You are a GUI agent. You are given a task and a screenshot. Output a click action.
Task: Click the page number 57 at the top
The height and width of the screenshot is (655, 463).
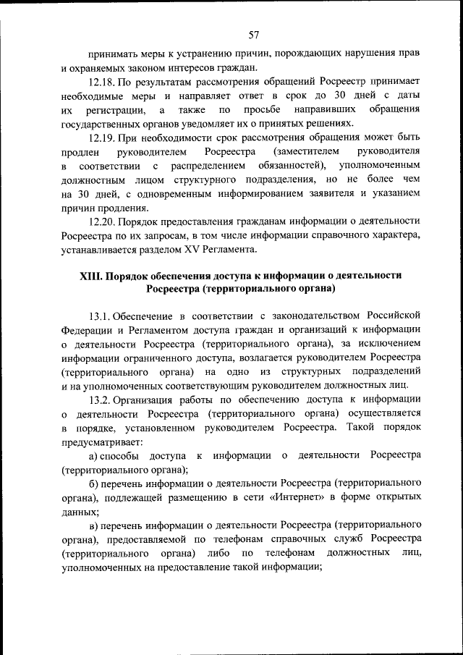253,34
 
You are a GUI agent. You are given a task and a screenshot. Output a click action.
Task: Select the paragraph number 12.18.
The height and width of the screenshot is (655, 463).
101,83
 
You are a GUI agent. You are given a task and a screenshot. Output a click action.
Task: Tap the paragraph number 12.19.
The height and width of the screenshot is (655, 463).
101,138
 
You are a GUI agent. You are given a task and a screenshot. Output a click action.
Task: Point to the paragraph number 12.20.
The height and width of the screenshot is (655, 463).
101,221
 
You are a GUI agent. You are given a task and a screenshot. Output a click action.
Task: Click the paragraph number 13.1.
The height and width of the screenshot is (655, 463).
100,316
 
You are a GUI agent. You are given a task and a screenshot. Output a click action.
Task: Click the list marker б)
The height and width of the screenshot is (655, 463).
93,482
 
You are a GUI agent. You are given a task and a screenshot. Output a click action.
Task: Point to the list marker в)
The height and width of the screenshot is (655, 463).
93,523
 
